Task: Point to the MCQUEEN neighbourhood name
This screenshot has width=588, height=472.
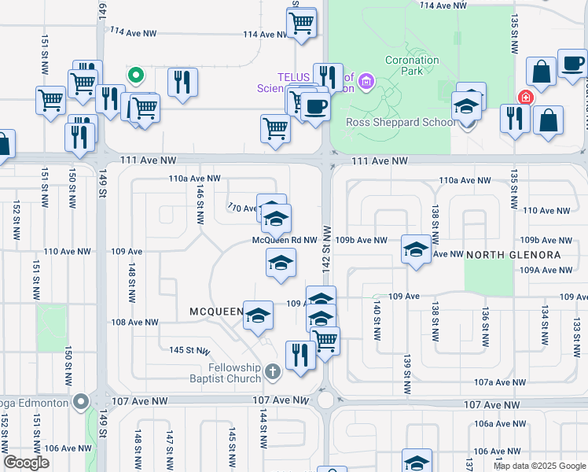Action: tap(216, 312)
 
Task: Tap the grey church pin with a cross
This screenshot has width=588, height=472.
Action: tap(272, 371)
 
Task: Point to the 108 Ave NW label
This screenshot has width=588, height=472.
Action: tap(134, 323)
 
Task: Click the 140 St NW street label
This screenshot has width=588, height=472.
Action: tap(377, 319)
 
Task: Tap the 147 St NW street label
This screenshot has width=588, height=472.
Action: tap(169, 445)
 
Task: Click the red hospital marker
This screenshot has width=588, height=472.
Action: tap(524, 98)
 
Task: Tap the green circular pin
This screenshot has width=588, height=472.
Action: tap(136, 76)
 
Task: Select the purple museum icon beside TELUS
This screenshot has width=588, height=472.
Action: tap(365, 81)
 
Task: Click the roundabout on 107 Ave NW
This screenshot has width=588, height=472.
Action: tap(325, 400)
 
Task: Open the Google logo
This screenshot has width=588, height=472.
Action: tap(26, 463)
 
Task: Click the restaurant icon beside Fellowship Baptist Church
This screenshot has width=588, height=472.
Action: tap(300, 354)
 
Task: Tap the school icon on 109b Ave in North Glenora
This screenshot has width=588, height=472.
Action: tap(416, 249)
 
